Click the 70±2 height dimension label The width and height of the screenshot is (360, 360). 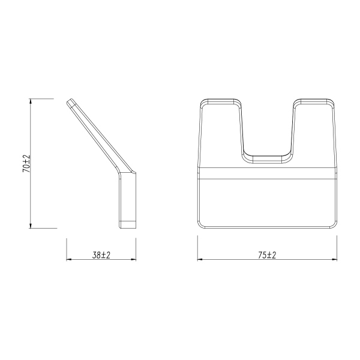tap(26, 163)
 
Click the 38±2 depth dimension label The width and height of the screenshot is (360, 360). tap(101, 255)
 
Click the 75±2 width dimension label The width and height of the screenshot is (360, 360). tap(267, 255)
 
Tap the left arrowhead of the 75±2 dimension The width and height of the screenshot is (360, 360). tap(200, 260)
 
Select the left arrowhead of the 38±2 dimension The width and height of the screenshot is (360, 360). tap(68, 260)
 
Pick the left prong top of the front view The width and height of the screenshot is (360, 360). tap(221, 100)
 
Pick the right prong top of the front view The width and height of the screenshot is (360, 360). tap(313, 100)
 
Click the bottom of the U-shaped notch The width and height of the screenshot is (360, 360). tap(268, 160)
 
